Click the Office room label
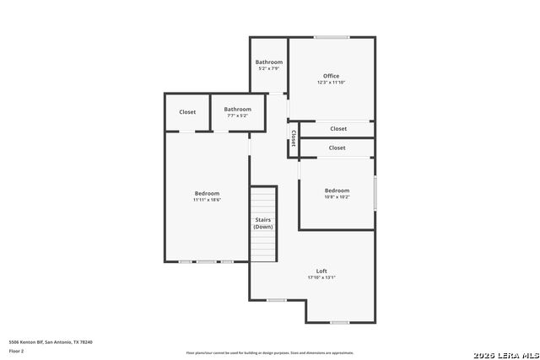click(x=331, y=76)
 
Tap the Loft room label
click(x=321, y=271)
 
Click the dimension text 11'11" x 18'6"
click(x=207, y=200)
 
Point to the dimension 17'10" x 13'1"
click(x=321, y=277)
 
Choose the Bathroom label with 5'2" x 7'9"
click(x=269, y=62)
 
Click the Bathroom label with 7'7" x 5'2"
click(x=237, y=109)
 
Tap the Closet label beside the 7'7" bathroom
click(x=187, y=112)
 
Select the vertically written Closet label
click(x=294, y=138)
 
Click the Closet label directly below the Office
click(x=337, y=129)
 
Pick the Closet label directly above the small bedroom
click(x=337, y=148)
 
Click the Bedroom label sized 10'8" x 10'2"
click(x=337, y=191)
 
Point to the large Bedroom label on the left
click(x=207, y=193)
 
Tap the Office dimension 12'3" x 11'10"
click(x=331, y=83)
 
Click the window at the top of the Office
click(x=332, y=37)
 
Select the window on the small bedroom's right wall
click(x=375, y=193)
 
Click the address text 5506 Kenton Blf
click(x=51, y=342)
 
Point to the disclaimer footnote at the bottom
click(x=270, y=353)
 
